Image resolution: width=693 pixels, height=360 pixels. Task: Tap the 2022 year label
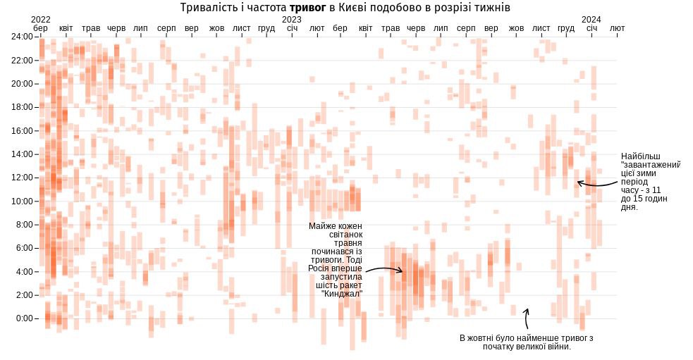tap(41, 19)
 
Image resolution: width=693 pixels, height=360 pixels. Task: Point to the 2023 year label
tap(292, 19)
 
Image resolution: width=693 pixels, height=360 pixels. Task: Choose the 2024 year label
tap(591, 19)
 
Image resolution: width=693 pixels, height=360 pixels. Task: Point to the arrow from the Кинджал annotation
tap(384, 269)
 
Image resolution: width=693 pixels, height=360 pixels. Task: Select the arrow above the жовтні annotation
tap(526, 318)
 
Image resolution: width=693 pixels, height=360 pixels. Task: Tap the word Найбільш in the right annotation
tap(641, 156)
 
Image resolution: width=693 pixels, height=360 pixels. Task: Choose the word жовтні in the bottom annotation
tap(486, 338)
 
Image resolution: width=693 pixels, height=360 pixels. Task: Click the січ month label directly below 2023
tap(293, 28)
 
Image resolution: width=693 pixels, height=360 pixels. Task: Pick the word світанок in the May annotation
tap(345, 235)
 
